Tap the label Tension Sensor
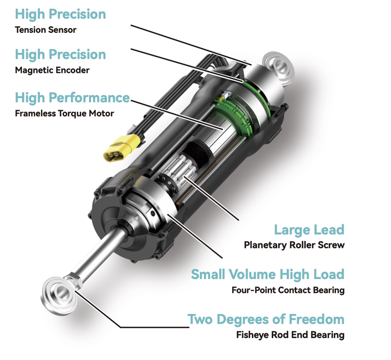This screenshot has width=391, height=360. pyautogui.click(x=46, y=29)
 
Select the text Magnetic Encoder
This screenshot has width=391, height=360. pyautogui.click(x=52, y=70)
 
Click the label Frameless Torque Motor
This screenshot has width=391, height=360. pyautogui.click(x=64, y=113)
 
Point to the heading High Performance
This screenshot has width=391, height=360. pyautogui.click(x=72, y=98)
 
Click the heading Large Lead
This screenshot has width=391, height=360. pyautogui.click(x=309, y=229)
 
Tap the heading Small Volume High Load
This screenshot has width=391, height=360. pyautogui.click(x=267, y=274)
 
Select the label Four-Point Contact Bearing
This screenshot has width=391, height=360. pyautogui.click(x=288, y=290)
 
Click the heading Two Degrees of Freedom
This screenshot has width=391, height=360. pyautogui.click(x=266, y=319)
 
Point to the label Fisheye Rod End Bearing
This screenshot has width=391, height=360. pyautogui.click(x=290, y=336)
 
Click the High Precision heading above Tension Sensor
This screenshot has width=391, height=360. pyautogui.click(x=60, y=13)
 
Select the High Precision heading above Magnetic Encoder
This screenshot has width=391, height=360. pyautogui.click(x=60, y=54)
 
